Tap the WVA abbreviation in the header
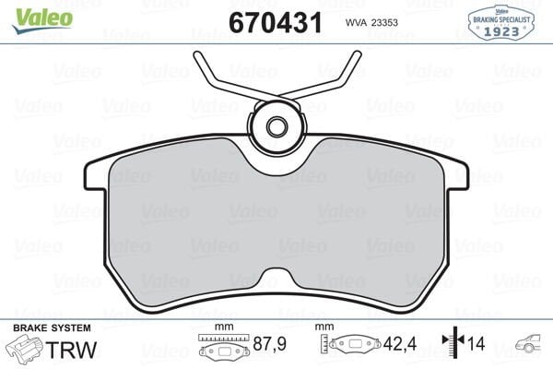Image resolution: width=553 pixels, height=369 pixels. pyautogui.click(x=356, y=23)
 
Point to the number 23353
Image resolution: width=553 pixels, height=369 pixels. pyautogui.click(x=393, y=23)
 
